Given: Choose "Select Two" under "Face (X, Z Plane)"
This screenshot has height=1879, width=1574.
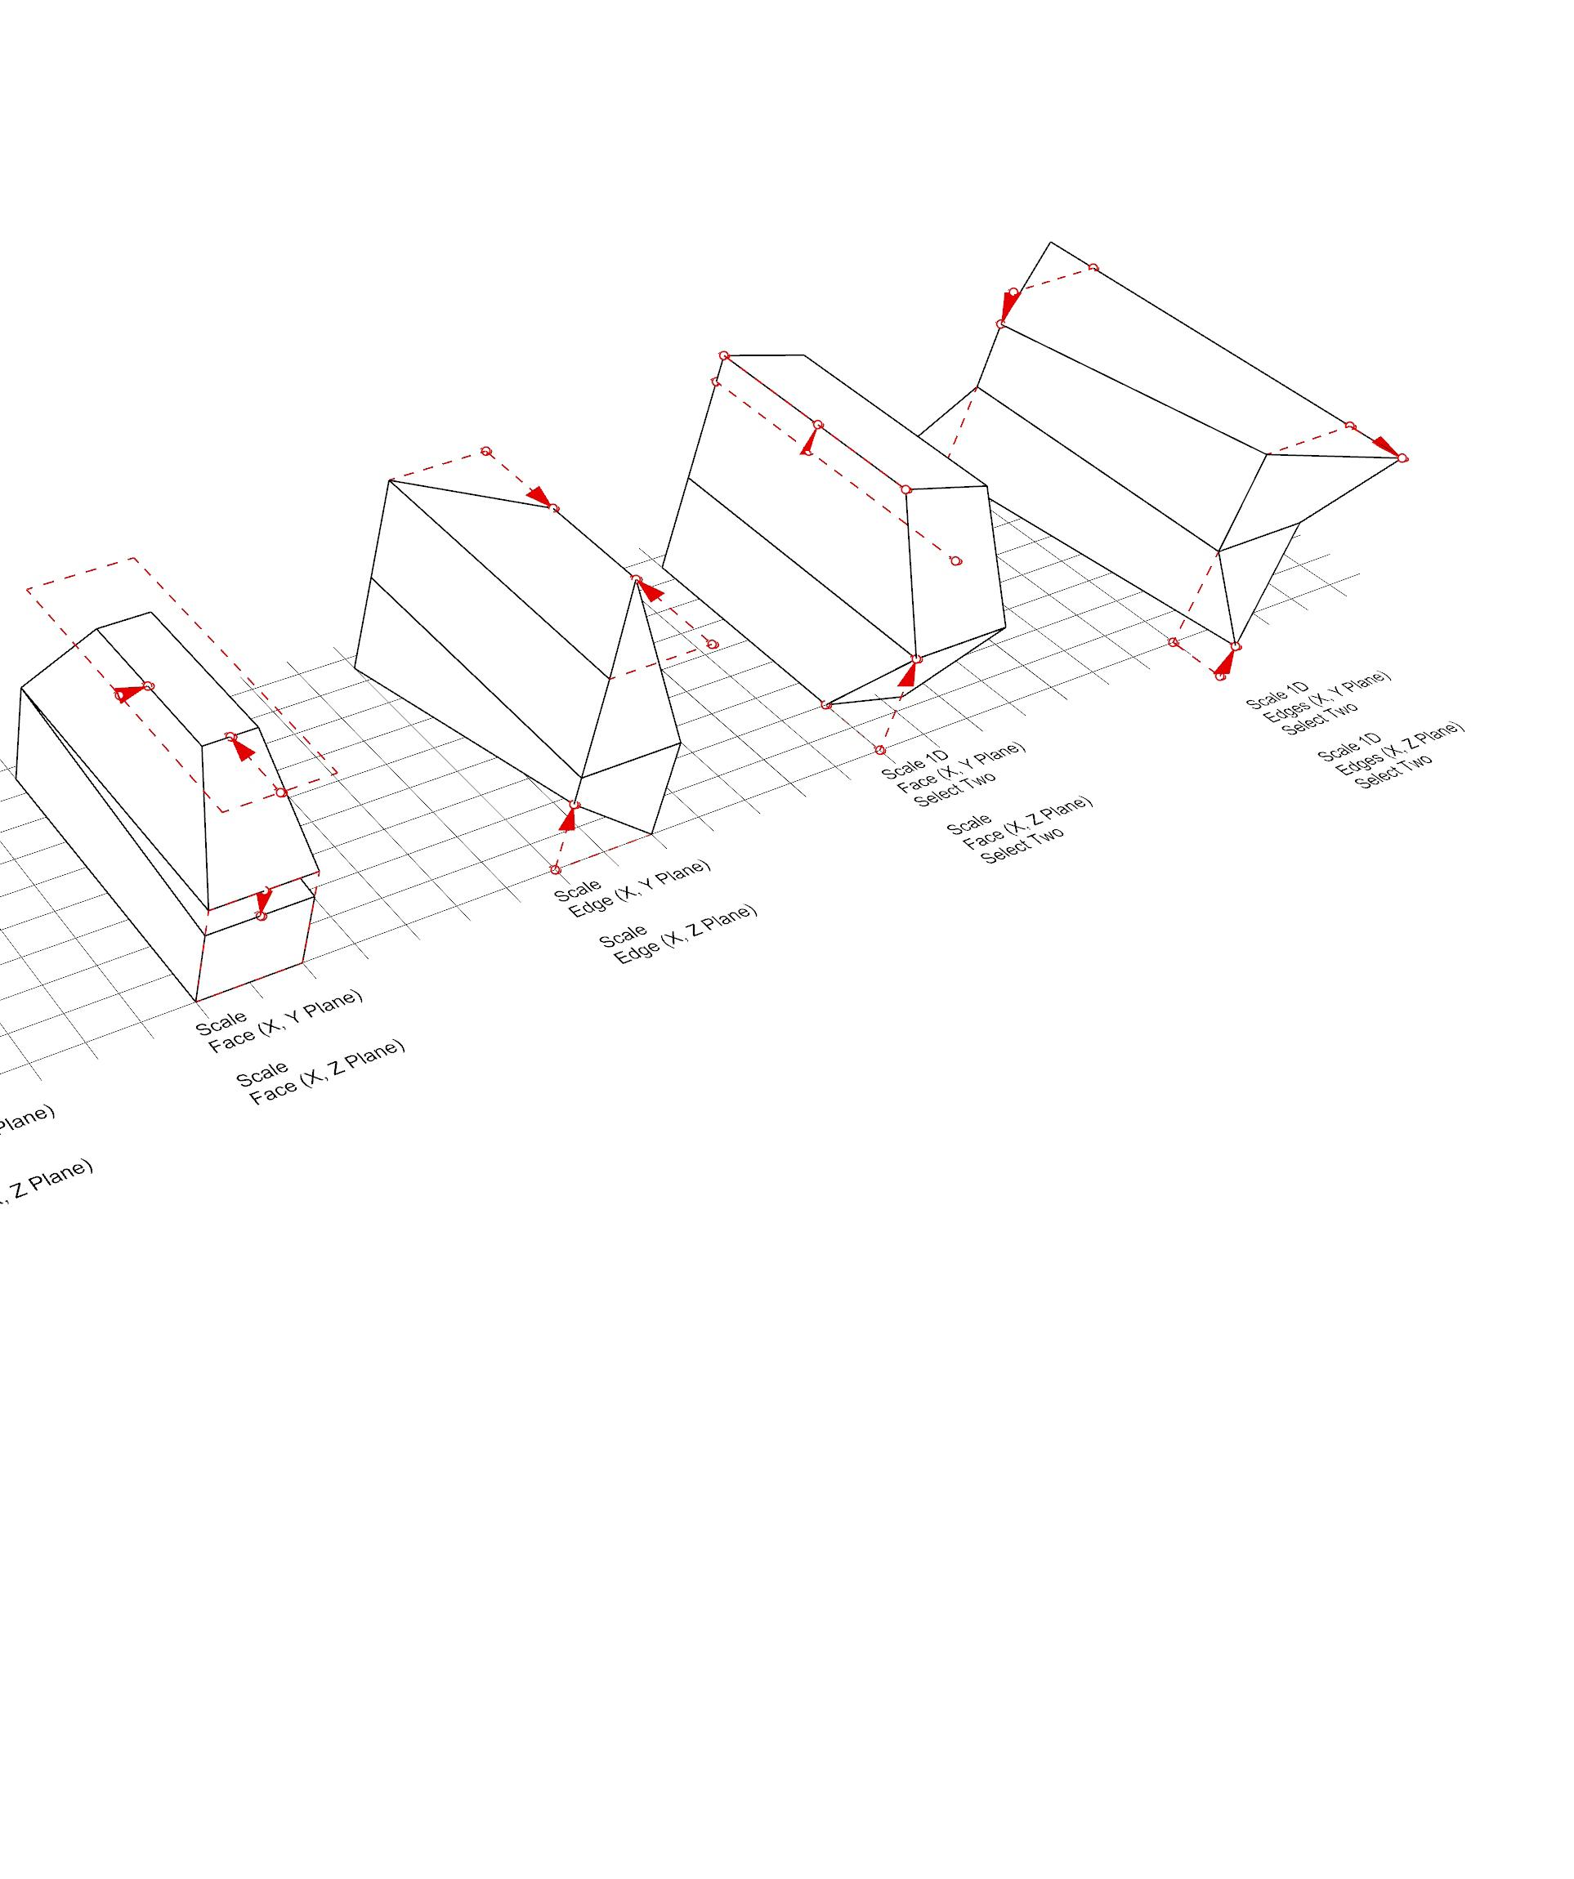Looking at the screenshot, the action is click(1023, 845).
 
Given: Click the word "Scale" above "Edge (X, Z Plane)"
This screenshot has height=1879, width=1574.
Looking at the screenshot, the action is click(623, 937).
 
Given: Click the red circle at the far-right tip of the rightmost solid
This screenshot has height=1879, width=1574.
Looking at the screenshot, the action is click(1402, 458).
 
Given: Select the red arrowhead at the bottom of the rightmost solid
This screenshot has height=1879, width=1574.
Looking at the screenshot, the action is click(1225, 662).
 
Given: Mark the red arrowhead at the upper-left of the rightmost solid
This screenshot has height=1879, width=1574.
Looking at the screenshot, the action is click(1008, 307).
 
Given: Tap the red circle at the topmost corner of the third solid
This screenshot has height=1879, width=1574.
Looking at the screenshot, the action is click(724, 356).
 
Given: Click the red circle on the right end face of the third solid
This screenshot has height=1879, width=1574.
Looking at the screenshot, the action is click(955, 561).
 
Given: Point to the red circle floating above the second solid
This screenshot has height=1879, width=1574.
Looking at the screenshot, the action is click(486, 452).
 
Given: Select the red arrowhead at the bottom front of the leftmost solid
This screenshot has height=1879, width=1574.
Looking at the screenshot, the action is click(263, 901).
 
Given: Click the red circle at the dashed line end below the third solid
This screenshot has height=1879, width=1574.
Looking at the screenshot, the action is click(879, 750).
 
